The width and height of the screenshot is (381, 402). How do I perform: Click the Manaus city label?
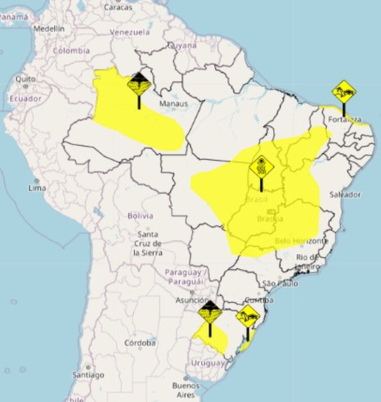pyautogui.click(x=173, y=104)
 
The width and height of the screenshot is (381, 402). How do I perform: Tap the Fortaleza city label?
pyautogui.click(x=345, y=119)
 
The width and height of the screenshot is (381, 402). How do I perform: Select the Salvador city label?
pyautogui.click(x=345, y=194)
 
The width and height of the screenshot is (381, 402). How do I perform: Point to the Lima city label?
pyautogui.click(x=37, y=188)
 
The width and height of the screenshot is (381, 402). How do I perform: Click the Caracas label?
pyautogui.click(x=118, y=7)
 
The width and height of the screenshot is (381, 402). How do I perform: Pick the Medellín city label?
pyautogui.click(x=49, y=29)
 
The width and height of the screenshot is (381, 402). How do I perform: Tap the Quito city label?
pyautogui.click(x=26, y=79)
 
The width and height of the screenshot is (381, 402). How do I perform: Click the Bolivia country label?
pyautogui.click(x=141, y=216)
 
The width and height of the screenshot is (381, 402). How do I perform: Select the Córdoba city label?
pyautogui.click(x=140, y=343)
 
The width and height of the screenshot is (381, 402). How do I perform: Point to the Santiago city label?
pyautogui.click(x=88, y=375)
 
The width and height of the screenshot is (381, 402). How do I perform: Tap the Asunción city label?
pyautogui.click(x=192, y=300)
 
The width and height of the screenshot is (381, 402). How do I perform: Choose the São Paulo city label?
pyautogui.click(x=280, y=284)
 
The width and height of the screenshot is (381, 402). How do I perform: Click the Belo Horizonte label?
pyautogui.click(x=302, y=241)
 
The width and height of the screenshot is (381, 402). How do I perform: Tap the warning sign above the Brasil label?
pyautogui.click(x=261, y=168)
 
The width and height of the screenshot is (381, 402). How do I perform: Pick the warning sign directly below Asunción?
pyautogui.click(x=210, y=312)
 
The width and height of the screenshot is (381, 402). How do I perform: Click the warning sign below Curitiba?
pyautogui.click(x=248, y=317)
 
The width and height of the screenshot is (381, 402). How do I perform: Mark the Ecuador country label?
pyautogui.click(x=26, y=99)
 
